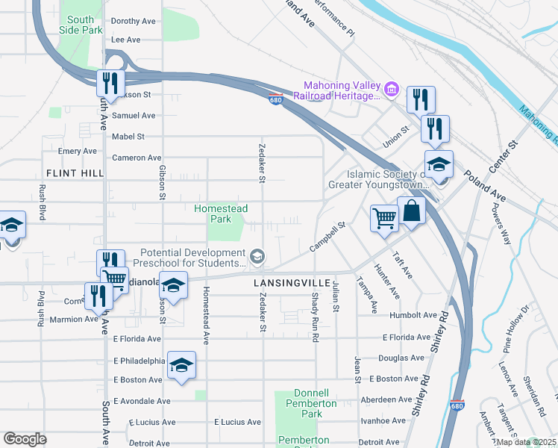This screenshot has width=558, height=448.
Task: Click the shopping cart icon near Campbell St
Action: point(385,219)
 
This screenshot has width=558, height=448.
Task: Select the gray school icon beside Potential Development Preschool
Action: point(257,258)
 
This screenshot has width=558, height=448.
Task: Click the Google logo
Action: point(25,439)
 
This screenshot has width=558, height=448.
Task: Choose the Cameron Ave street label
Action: point(137,158)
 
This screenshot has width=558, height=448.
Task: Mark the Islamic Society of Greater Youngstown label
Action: point(377,179)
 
